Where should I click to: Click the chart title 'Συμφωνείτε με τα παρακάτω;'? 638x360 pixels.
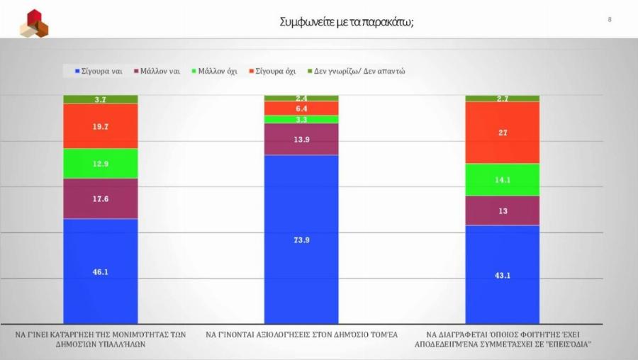[347, 22]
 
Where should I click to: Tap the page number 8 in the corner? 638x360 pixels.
[610, 19]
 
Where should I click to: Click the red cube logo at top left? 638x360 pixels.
[33, 23]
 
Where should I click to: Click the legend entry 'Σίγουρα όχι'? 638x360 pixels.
[272, 71]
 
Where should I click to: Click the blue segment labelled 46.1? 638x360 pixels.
[101, 271]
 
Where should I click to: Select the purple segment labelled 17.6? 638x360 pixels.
[101, 198]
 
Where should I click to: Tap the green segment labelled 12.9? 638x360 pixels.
[101, 164]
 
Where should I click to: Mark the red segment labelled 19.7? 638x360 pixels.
[101, 126]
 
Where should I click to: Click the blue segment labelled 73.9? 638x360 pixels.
[301, 240]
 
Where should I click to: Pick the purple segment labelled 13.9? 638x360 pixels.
[301, 139]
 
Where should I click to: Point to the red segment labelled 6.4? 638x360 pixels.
[301, 108]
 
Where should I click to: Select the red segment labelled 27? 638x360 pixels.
[502, 133]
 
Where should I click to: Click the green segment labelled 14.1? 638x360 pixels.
[502, 180]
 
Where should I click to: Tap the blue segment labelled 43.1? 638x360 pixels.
[502, 274]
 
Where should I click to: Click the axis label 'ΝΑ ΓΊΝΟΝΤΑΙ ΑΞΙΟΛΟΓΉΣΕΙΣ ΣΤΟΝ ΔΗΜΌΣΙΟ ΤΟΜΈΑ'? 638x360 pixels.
[301, 334]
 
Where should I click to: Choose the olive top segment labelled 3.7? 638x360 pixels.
[101, 99]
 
